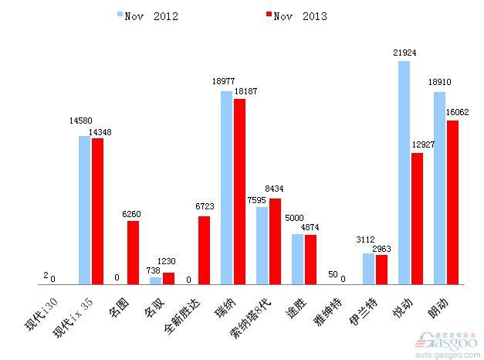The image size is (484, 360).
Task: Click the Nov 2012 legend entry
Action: [x=147, y=15]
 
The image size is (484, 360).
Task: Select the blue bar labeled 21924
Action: [x=404, y=172]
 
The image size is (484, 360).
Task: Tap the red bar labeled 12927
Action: [x=417, y=219]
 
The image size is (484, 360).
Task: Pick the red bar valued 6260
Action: [x=133, y=253]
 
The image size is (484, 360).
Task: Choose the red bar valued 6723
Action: [x=204, y=250]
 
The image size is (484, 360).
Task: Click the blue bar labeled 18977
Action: [x=227, y=188]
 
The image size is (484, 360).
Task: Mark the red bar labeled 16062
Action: [x=452, y=202]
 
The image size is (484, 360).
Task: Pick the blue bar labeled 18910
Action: [x=439, y=188]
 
